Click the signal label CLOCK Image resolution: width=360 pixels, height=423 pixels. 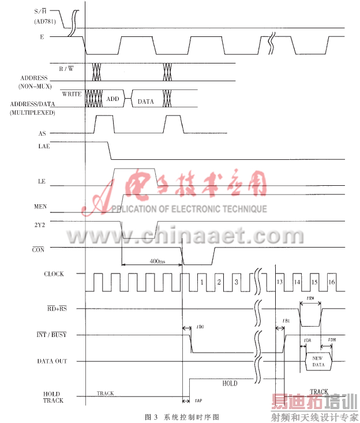[x=54, y=274]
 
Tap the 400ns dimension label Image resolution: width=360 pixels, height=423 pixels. [x=157, y=261]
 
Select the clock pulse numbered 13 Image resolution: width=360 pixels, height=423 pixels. [x=280, y=282]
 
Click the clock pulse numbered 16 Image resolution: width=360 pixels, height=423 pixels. [x=332, y=282]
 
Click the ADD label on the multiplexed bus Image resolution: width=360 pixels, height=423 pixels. [x=112, y=99]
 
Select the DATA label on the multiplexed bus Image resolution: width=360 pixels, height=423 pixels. [x=145, y=101]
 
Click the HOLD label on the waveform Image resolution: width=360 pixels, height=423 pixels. [x=229, y=383]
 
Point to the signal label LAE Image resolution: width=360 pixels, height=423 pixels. [x=44, y=147]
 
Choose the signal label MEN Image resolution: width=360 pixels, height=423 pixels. [x=42, y=205]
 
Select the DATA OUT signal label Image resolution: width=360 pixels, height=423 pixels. [x=52, y=361]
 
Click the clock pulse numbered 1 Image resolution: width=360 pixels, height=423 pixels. [x=202, y=282]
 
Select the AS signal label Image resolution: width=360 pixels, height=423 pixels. [x=42, y=133]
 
